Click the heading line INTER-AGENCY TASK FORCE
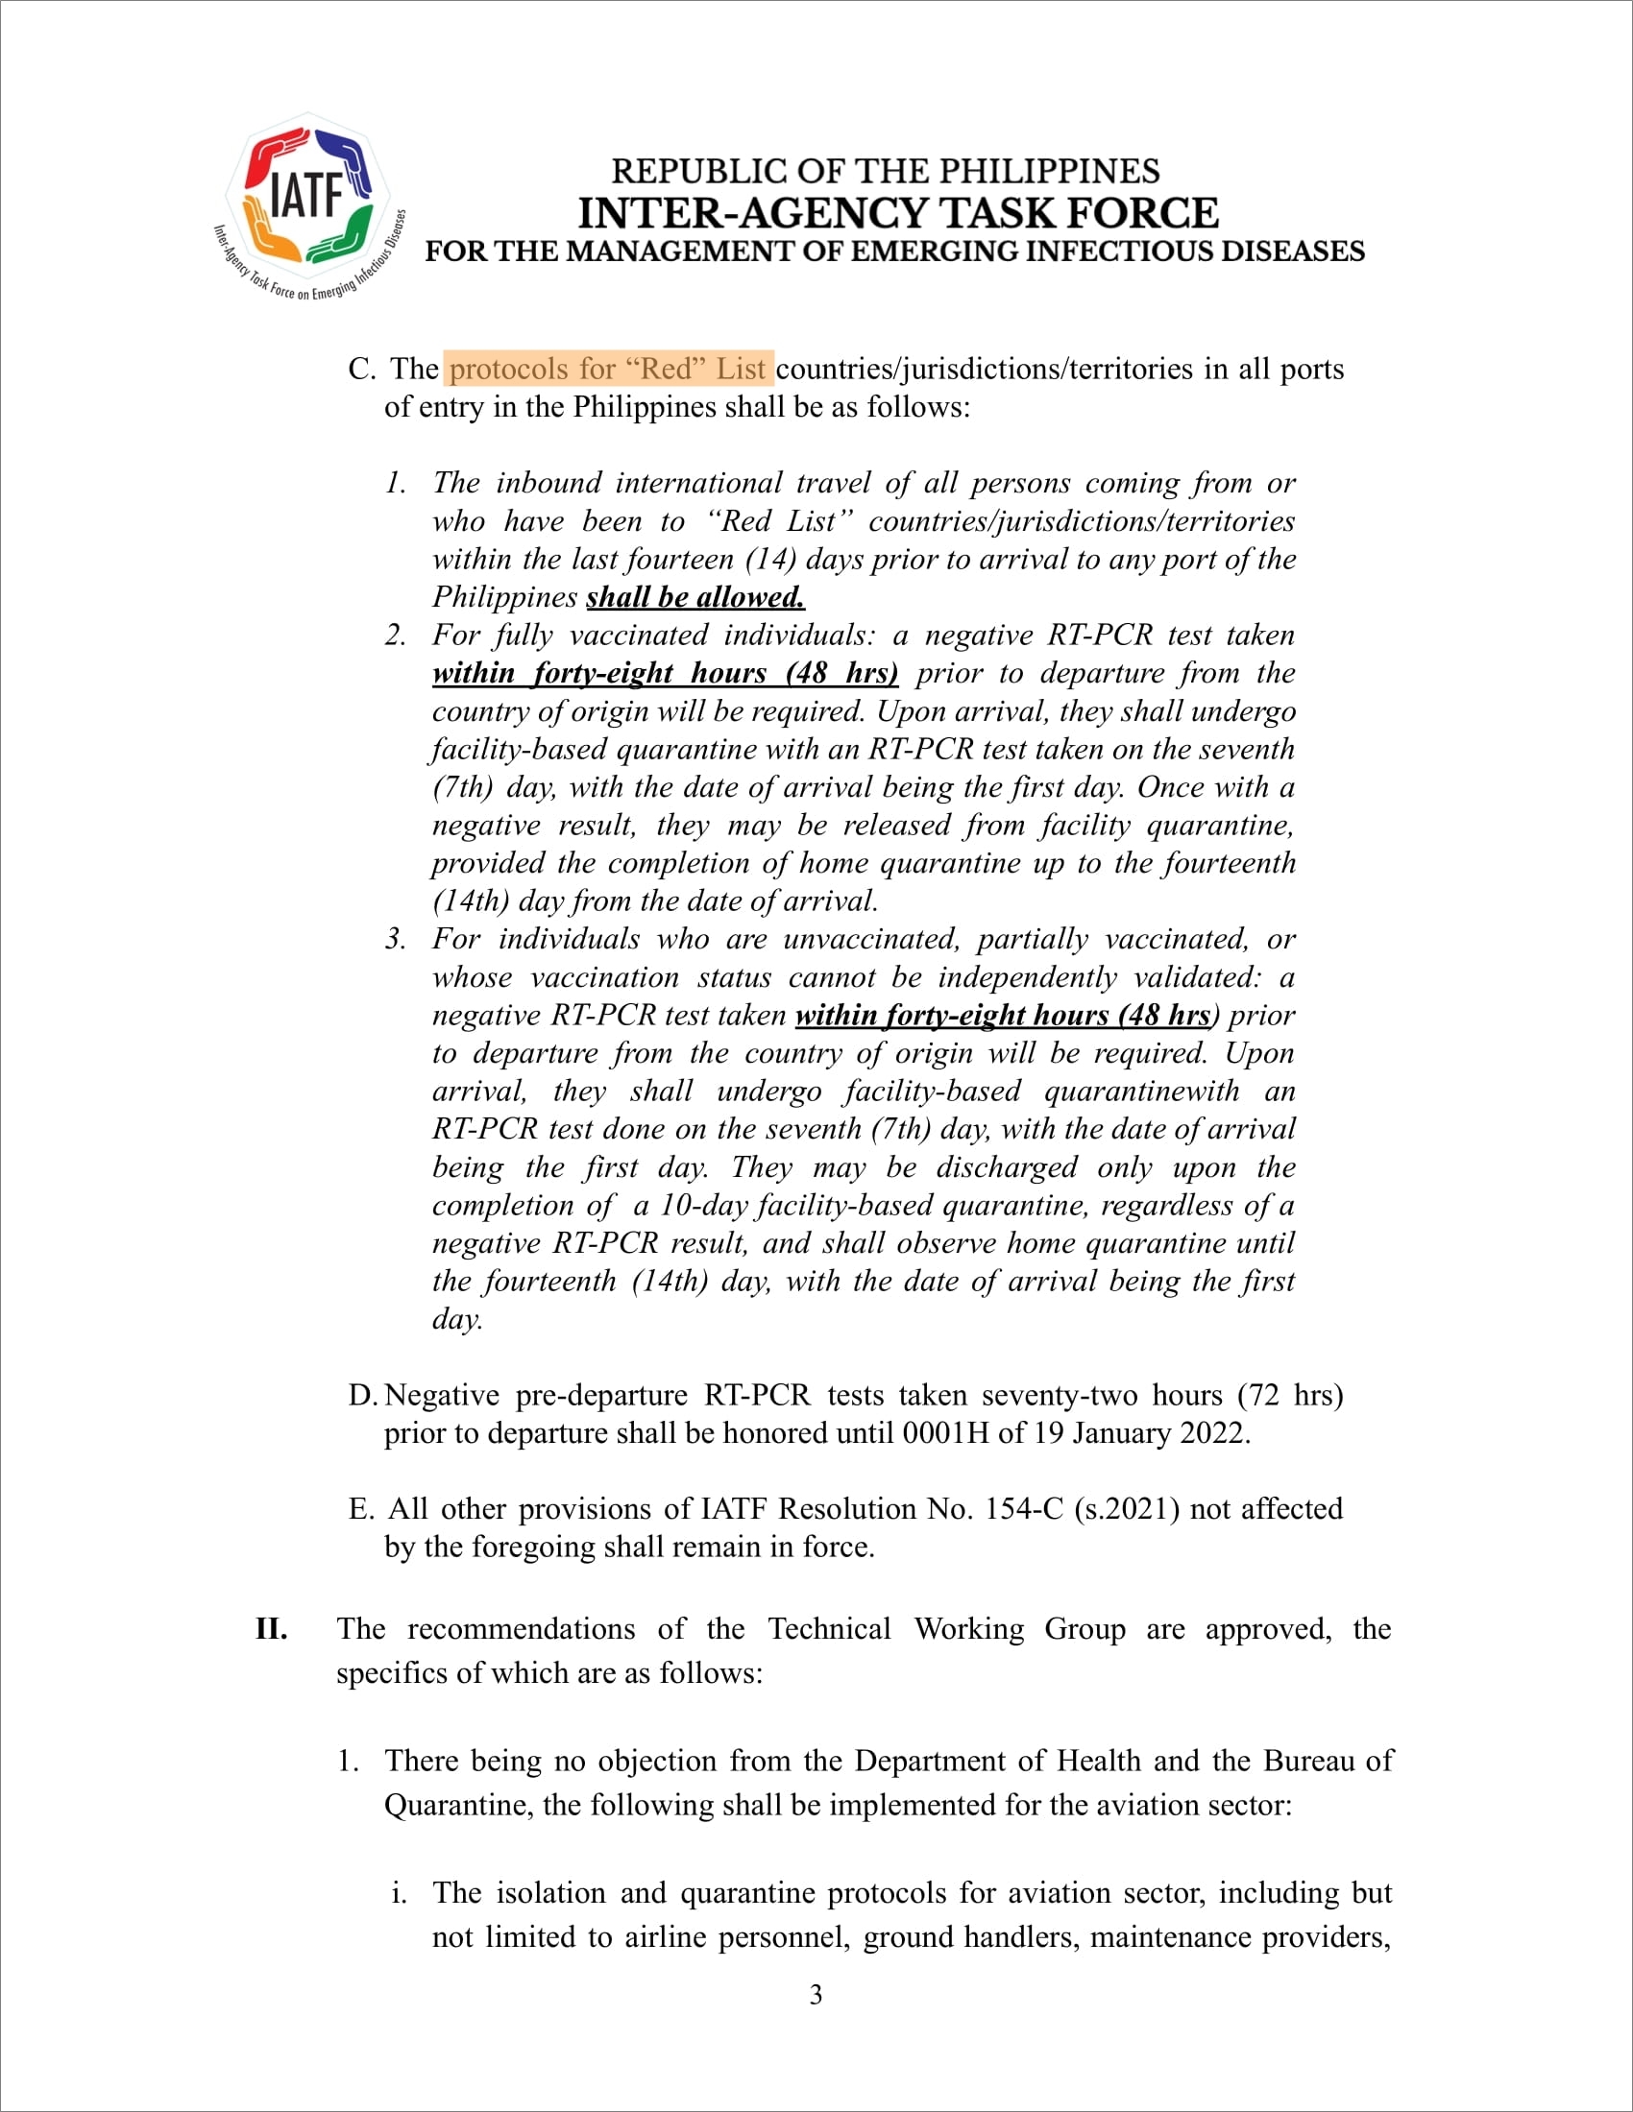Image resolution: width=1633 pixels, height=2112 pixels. click(898, 214)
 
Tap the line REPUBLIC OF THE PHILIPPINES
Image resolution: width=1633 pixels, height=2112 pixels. click(886, 171)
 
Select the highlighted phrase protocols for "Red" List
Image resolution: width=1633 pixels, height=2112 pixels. click(608, 369)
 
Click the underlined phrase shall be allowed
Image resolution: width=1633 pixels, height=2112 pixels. click(695, 597)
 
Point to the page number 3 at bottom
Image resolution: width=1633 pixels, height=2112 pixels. click(816, 1994)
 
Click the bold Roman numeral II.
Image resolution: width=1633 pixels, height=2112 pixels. click(271, 1628)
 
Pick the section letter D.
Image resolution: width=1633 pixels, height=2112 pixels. click(361, 1396)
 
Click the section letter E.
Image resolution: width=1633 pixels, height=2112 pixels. click(360, 1508)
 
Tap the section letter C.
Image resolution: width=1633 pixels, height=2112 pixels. click(360, 369)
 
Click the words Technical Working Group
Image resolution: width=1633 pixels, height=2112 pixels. click(946, 1628)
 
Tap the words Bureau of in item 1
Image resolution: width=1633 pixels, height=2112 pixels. click(1328, 1760)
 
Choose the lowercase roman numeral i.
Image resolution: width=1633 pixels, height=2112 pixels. click(398, 1892)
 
